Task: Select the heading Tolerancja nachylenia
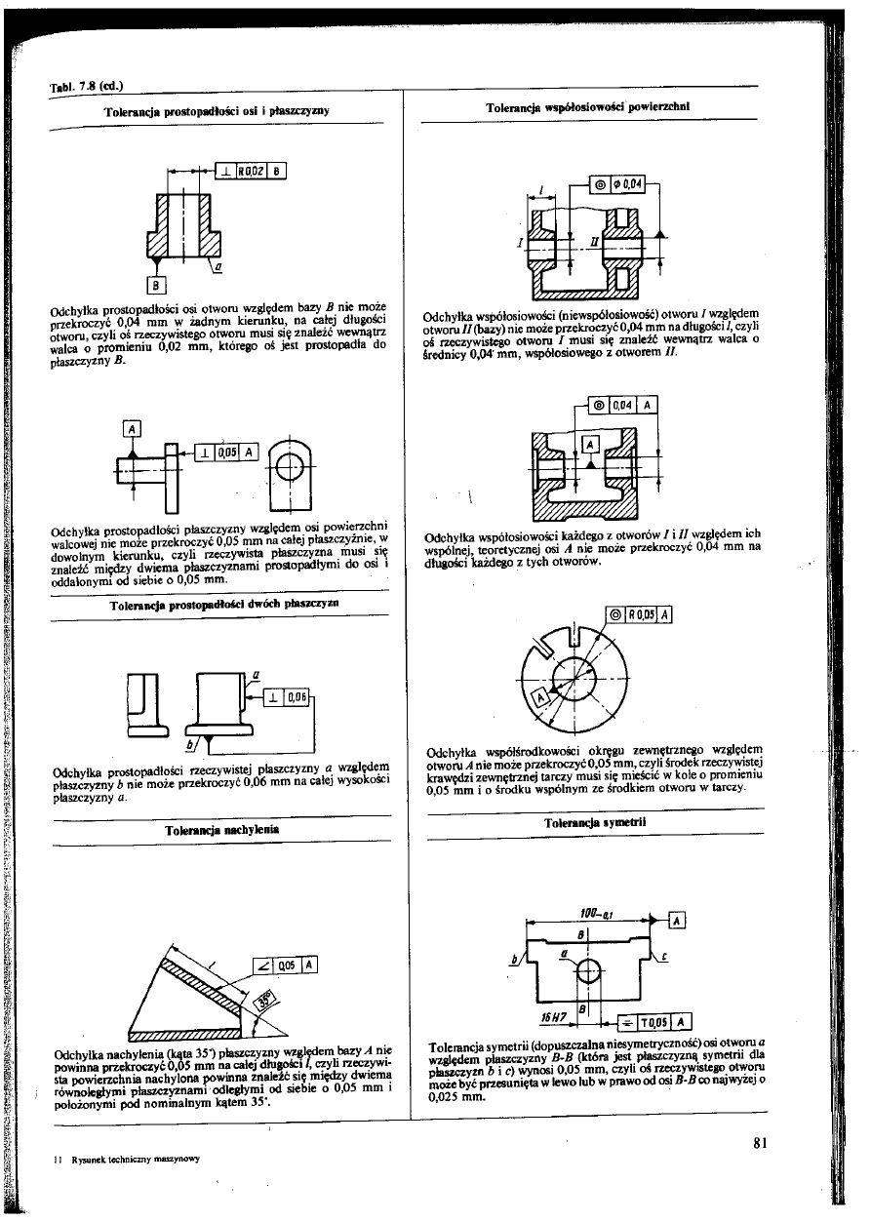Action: click(x=223, y=830)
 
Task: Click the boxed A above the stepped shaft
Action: click(x=133, y=426)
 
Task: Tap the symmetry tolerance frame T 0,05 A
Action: click(x=655, y=1021)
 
